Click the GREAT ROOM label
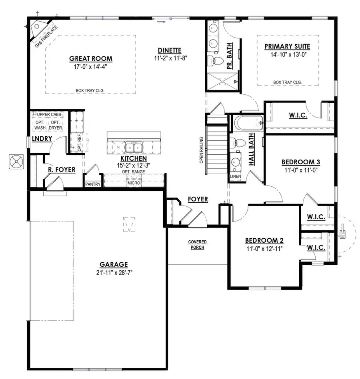click(91, 59)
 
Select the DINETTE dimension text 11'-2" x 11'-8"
click(170, 58)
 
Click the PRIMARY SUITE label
click(287, 47)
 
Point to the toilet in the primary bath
click(216, 61)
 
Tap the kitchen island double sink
click(132, 148)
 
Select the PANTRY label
click(92, 184)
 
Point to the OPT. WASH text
click(39, 125)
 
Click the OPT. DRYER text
click(56, 125)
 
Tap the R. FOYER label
click(62, 170)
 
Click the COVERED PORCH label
click(196, 245)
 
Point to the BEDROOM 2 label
click(264, 240)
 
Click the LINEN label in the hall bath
click(235, 176)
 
